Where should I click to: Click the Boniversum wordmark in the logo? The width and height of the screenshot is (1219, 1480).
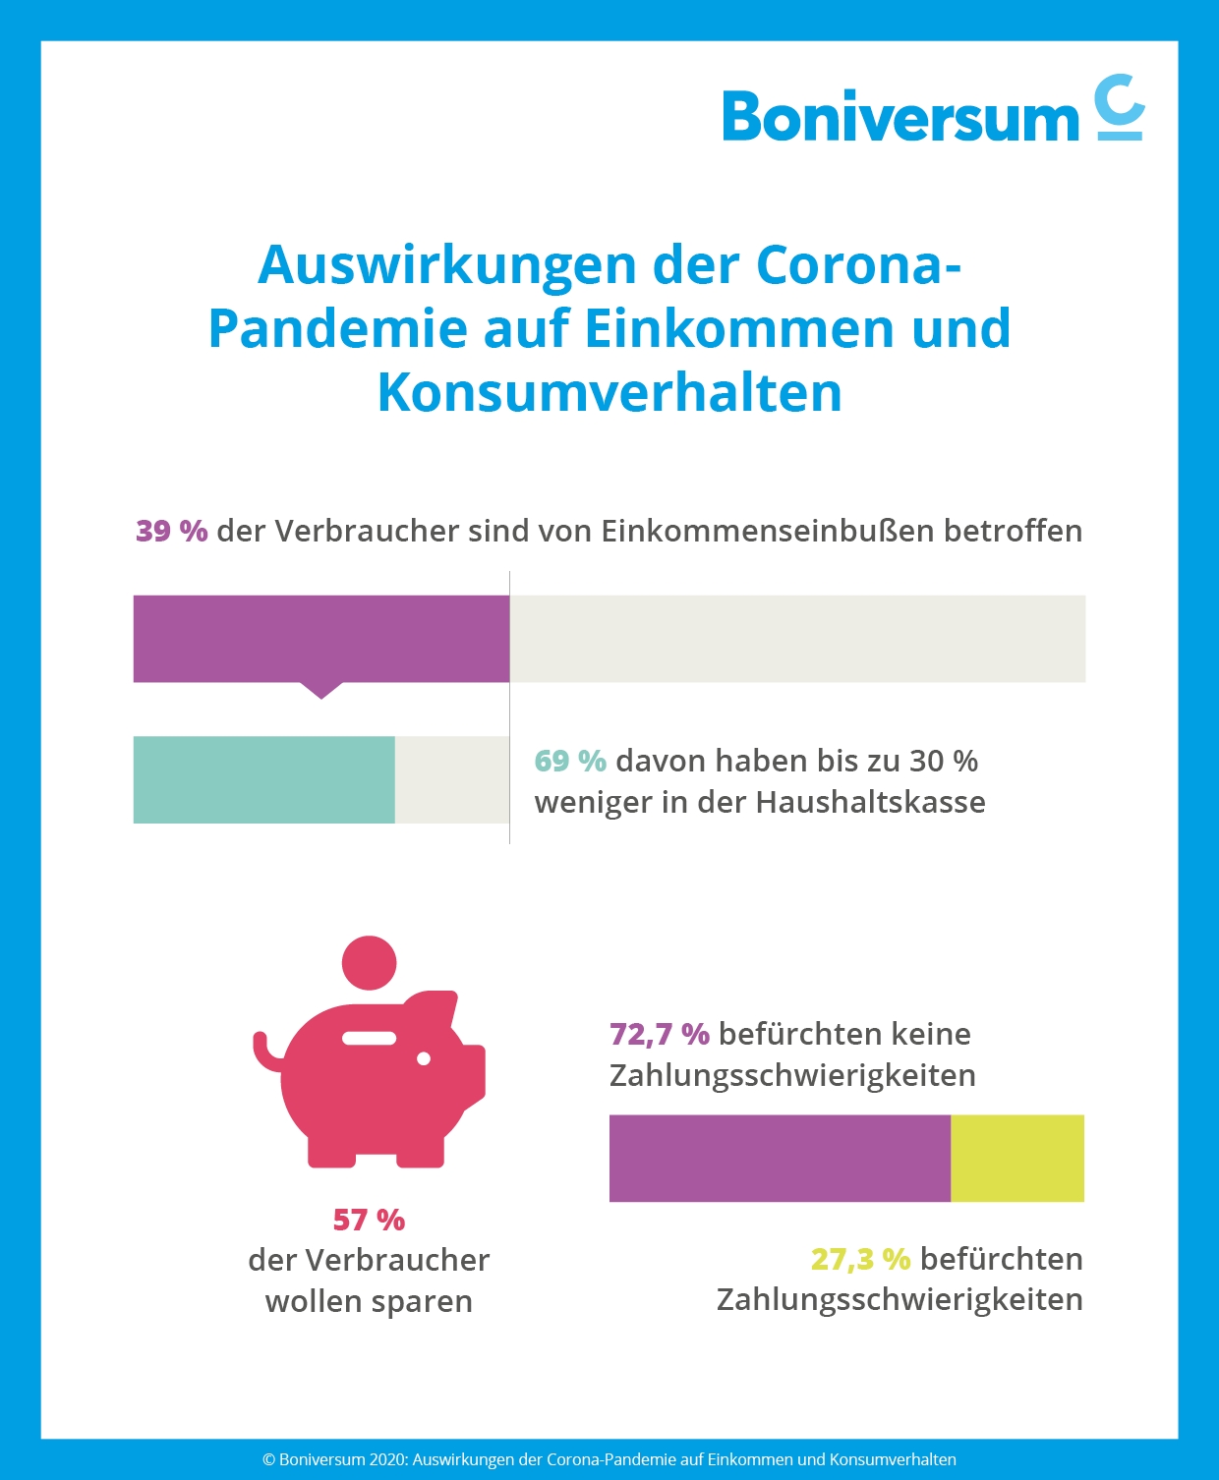click(900, 117)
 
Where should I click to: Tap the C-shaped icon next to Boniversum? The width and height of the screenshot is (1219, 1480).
click(1120, 107)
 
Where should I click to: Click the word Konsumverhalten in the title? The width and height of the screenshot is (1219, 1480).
click(609, 392)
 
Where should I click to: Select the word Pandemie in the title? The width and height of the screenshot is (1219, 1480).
click(337, 328)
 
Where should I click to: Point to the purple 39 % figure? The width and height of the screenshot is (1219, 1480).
click(171, 531)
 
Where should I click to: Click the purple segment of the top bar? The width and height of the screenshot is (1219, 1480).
click(320, 638)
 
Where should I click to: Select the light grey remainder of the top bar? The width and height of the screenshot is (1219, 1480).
click(796, 638)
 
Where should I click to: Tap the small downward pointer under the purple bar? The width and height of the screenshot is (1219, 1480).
click(320, 690)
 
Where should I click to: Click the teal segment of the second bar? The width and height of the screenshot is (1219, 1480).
click(263, 779)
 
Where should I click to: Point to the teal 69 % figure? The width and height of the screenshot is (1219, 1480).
click(569, 761)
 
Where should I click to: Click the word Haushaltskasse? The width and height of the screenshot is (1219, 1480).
click(871, 802)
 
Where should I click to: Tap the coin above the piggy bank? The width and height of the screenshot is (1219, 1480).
click(369, 963)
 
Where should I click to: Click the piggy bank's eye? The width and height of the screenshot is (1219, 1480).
click(424, 1058)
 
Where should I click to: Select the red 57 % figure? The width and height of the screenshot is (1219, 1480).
click(369, 1220)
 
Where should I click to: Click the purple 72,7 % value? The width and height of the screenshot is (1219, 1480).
click(659, 1034)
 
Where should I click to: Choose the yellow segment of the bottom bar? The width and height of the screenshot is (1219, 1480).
click(1016, 1158)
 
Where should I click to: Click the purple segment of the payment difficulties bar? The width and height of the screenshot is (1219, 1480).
click(780, 1158)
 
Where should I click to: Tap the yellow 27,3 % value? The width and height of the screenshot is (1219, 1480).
click(860, 1259)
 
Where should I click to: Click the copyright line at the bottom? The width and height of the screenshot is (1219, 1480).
click(609, 1459)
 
